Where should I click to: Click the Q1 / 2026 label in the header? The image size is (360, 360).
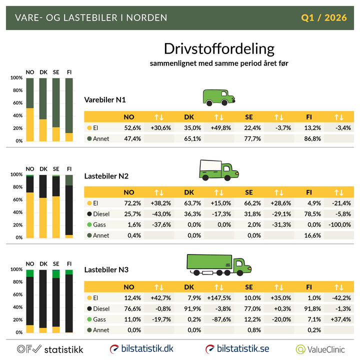click(324, 18)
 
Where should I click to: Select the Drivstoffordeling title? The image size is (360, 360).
click(219, 49)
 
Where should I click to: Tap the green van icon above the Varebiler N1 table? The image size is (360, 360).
click(219, 97)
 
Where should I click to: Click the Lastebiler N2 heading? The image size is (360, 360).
click(106, 175)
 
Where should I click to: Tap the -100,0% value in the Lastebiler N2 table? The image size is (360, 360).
click(339, 224)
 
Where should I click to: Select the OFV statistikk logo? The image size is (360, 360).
click(50, 349)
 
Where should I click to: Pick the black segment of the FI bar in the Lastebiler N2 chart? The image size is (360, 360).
click(69, 210)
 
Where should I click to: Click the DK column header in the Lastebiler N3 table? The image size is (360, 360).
click(189, 287)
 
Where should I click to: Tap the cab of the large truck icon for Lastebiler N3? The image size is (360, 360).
click(242, 265)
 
